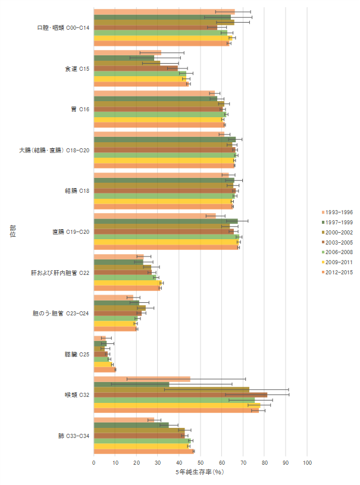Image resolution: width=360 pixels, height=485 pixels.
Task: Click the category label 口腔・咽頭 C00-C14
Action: pyautogui.click(x=63, y=28)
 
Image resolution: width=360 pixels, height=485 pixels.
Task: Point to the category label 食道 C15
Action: pyautogui.click(x=77, y=68)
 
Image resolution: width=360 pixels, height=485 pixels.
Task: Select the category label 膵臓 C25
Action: pyautogui.click(x=77, y=354)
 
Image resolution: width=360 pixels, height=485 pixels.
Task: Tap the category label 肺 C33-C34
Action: pyautogui.click(x=74, y=436)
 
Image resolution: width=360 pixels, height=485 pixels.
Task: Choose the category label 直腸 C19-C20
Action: pyautogui.click(x=71, y=232)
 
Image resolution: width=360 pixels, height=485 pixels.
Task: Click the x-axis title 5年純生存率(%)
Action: pyautogui.click(x=199, y=473)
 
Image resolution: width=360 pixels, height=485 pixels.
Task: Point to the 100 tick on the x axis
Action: pyautogui.click(x=307, y=462)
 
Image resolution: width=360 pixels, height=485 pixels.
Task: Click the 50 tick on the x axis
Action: pyautogui.click(x=201, y=462)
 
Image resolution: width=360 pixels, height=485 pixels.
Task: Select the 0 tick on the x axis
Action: pyautogui.click(x=94, y=462)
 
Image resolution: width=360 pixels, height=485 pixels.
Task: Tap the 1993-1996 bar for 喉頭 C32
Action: pyautogui.click(x=142, y=378)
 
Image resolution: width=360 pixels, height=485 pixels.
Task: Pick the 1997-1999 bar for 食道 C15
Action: pyautogui.click(x=124, y=58)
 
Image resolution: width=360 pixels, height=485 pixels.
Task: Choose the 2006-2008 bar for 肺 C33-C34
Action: pyautogui.click(x=142, y=440)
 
